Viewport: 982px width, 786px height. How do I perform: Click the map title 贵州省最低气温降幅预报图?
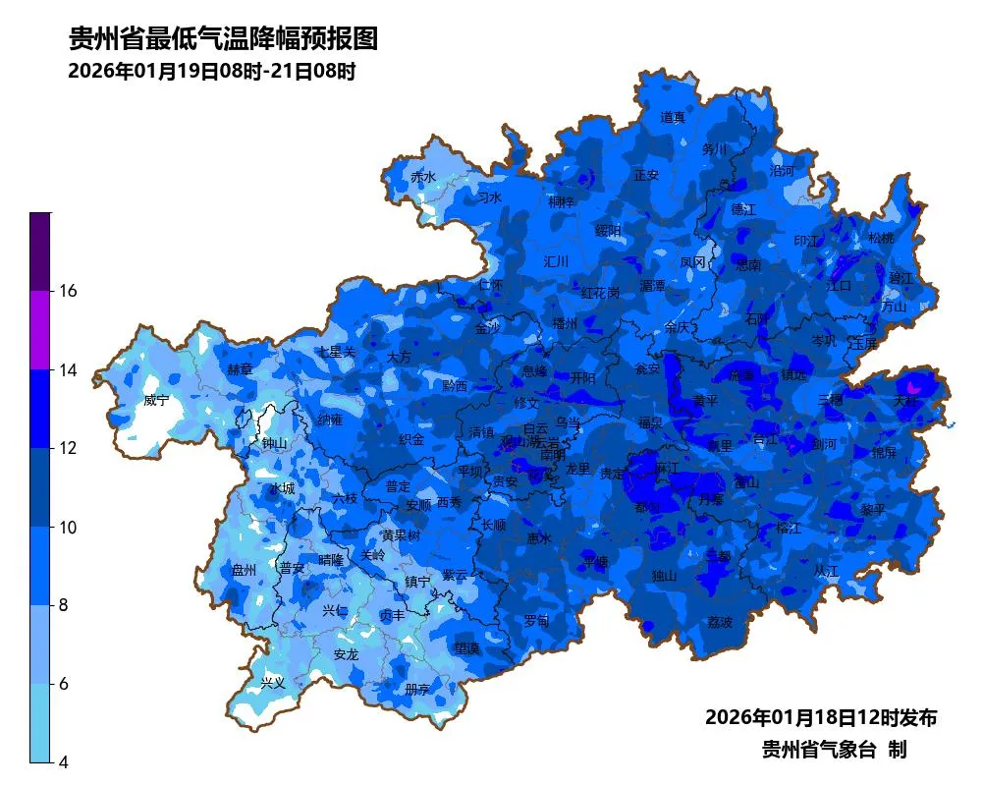pos(223,39)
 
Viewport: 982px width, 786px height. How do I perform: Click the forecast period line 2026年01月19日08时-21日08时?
pos(211,72)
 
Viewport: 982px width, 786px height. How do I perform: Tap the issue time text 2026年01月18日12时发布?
pos(821,717)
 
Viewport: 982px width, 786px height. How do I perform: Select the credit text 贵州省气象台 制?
pos(834,750)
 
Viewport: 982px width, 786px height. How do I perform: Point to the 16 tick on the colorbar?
pos(70,291)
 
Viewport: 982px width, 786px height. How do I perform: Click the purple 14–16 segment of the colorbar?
pos(39,330)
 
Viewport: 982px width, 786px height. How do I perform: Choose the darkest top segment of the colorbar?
pos(39,252)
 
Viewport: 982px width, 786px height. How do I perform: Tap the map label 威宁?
pos(156,401)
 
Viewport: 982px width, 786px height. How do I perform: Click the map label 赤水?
pos(423,177)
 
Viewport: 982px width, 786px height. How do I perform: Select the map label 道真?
pos(673,118)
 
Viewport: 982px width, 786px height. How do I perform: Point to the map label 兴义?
pos(272,682)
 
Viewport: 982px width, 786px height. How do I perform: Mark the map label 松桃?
pos(881,238)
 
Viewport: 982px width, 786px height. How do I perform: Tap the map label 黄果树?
pos(401,535)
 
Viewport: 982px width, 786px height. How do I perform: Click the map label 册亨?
pos(417,689)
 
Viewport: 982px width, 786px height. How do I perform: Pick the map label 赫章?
pos(240,369)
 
